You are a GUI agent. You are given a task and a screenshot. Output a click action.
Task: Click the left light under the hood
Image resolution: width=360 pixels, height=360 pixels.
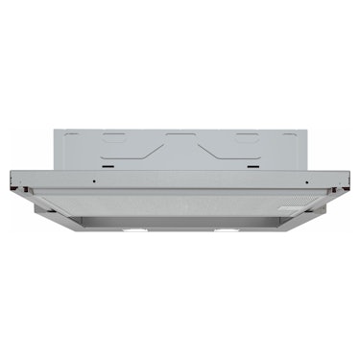(134, 232)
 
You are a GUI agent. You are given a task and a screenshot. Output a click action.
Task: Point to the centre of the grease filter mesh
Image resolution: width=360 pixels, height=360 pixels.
(180, 205)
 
